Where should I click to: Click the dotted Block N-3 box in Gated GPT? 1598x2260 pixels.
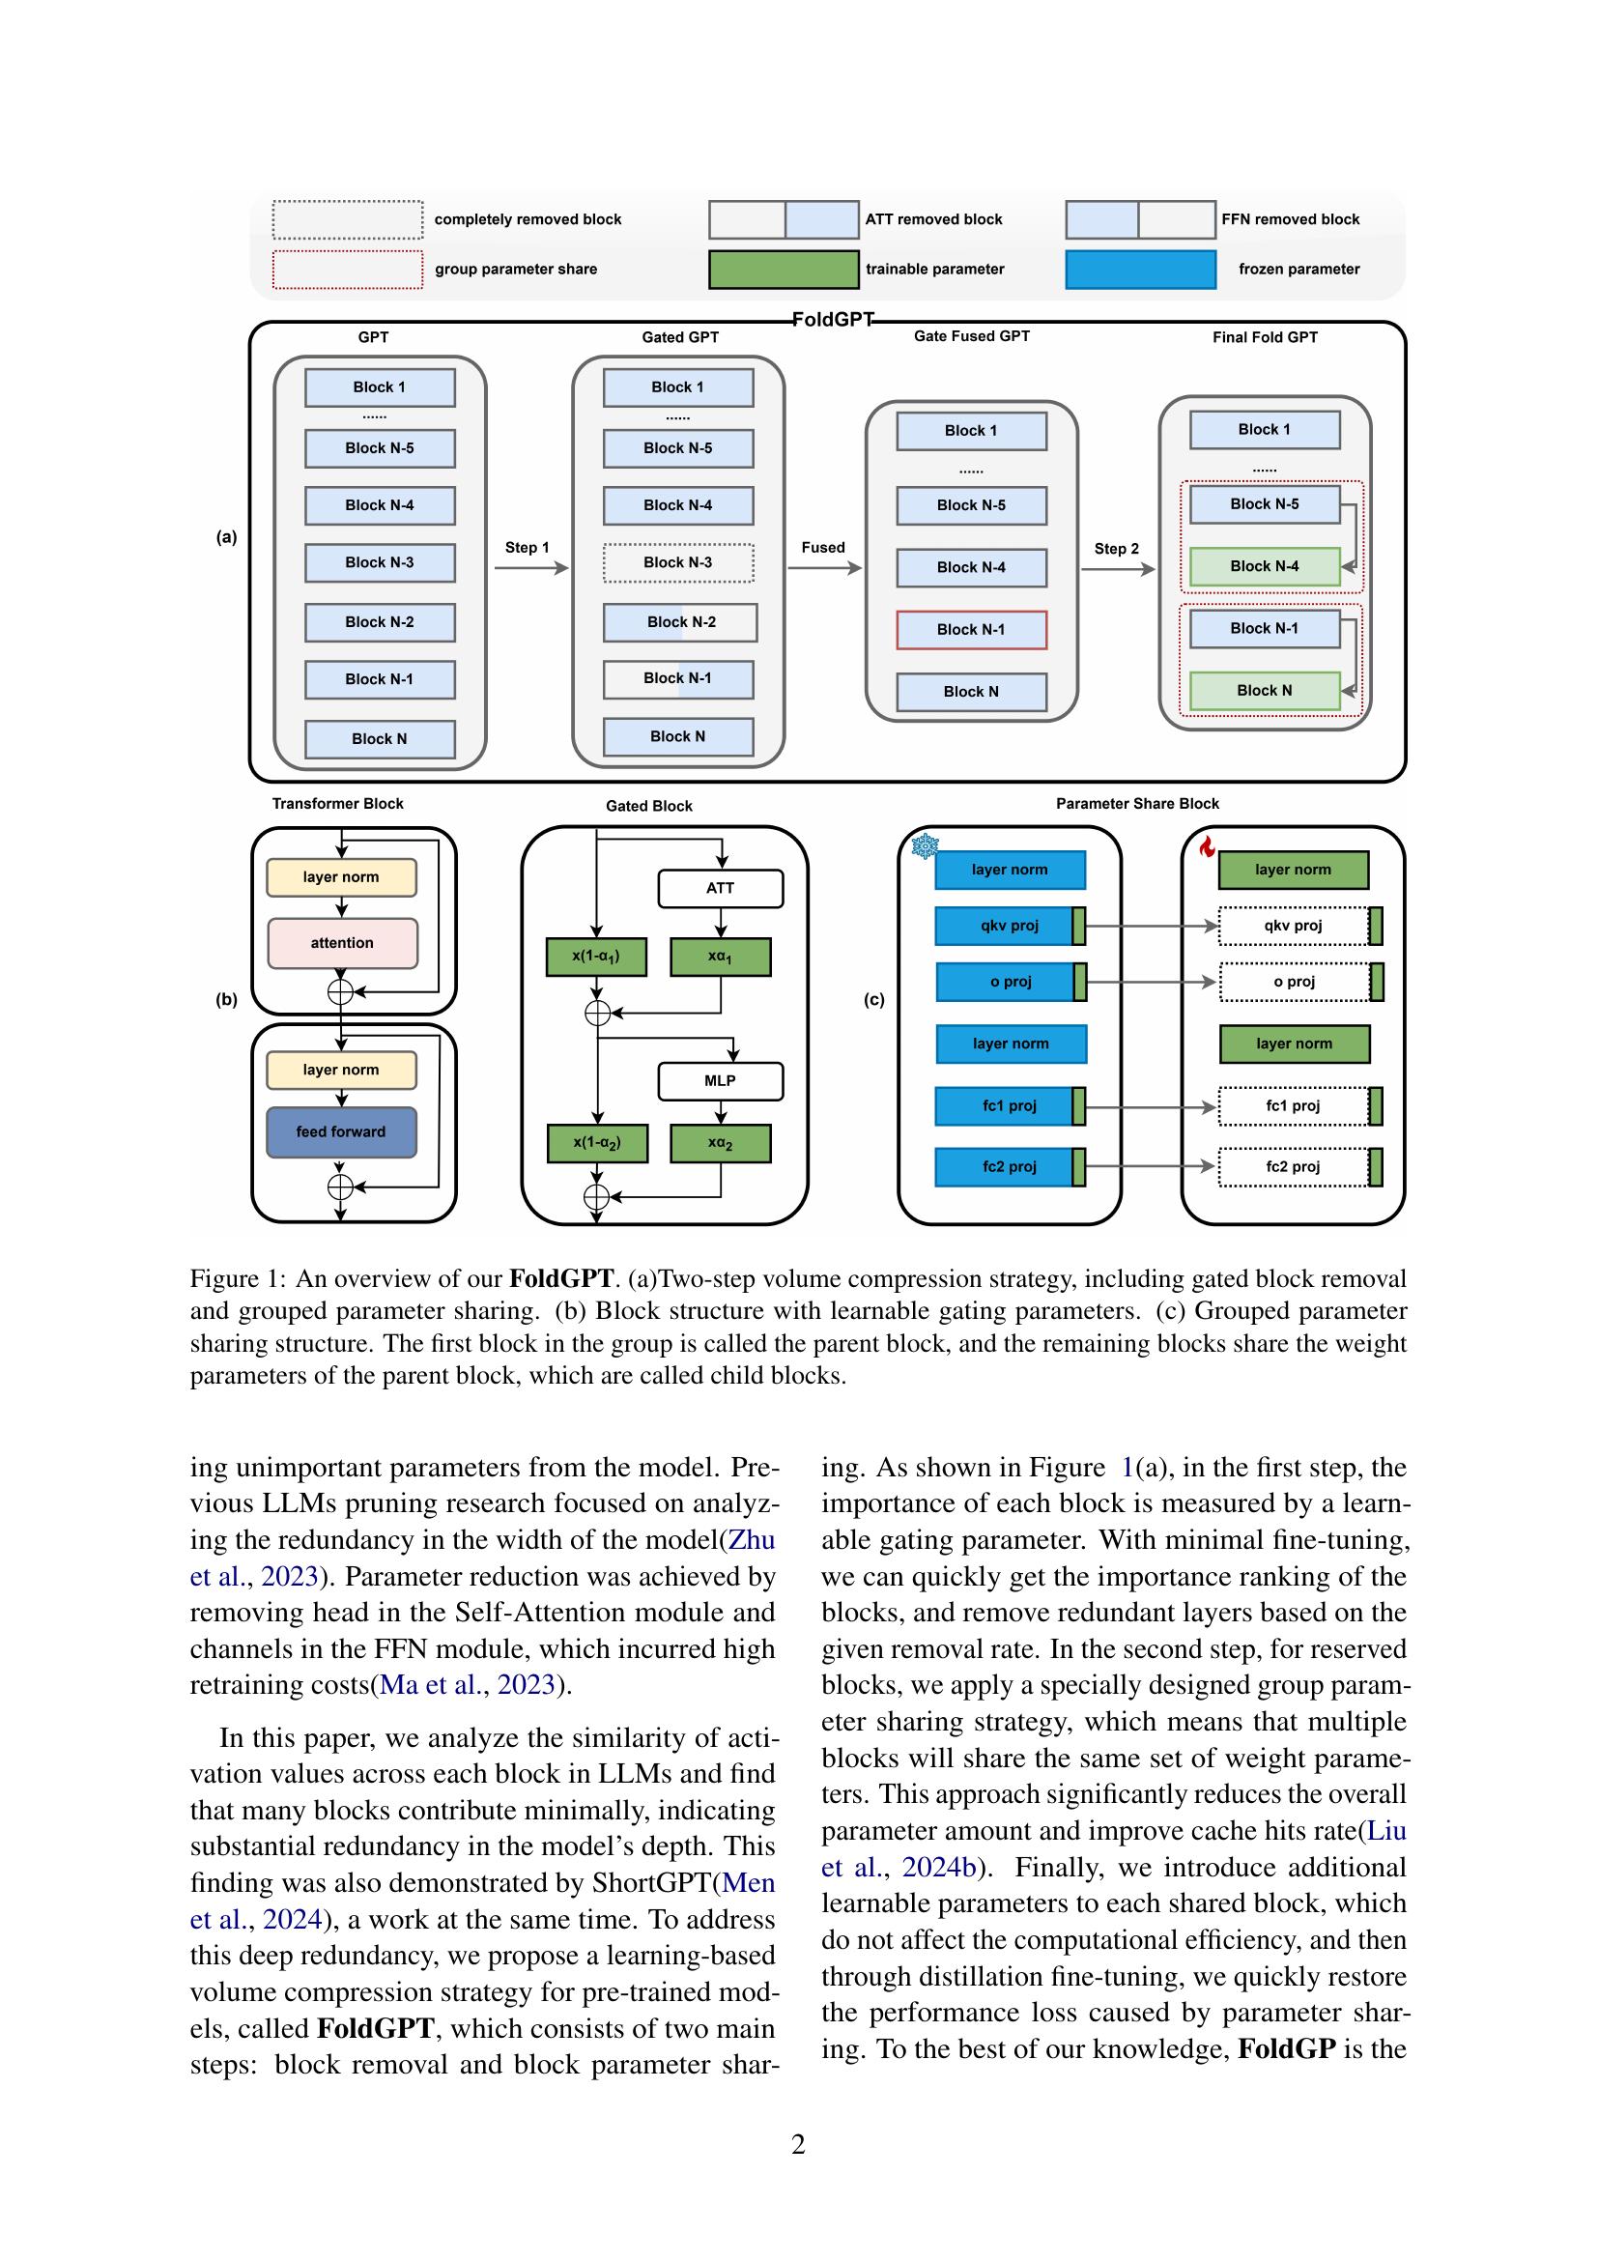coord(678,562)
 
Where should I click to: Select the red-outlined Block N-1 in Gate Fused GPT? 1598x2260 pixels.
coord(970,629)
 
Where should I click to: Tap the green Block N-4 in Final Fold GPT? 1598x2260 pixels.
coord(1265,566)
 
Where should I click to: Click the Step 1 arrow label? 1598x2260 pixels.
coord(528,547)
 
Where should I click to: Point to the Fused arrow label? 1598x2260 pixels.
coord(822,547)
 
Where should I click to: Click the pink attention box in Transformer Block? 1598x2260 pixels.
coord(341,943)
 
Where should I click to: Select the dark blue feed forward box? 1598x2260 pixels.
coord(340,1132)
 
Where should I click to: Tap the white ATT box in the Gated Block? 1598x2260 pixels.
coord(720,888)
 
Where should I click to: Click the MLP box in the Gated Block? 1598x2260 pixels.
coord(720,1081)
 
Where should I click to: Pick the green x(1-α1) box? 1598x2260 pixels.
coord(596,956)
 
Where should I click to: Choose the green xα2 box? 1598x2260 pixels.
coord(720,1143)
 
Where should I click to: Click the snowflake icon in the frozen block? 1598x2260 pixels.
coord(925,845)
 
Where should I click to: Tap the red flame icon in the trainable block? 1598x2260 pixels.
coord(1208,845)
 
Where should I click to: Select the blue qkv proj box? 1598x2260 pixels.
coord(1004,926)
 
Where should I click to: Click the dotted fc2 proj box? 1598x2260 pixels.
coord(1293,1166)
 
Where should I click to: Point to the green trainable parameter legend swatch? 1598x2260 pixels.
coord(784,269)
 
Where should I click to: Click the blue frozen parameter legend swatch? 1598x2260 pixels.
coord(1139,269)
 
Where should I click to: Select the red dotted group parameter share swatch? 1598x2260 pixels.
coord(348,269)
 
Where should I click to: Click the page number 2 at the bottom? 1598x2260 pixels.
coord(798,2144)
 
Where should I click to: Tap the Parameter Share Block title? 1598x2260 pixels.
coord(1136,803)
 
